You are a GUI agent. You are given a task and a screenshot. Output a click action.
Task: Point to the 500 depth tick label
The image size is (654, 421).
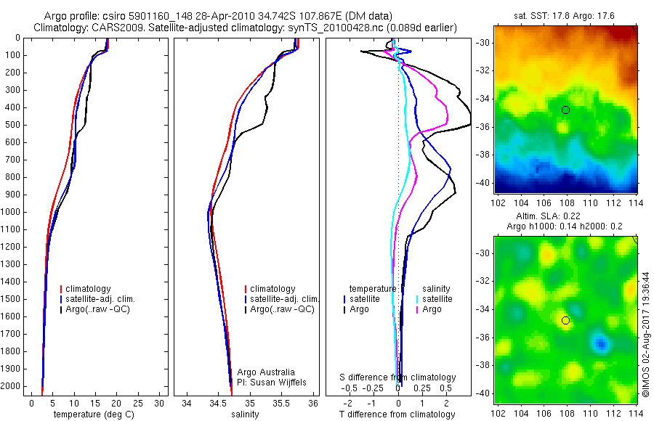[12, 125]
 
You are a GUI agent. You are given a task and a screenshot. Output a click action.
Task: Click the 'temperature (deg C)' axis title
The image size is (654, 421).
[95, 414]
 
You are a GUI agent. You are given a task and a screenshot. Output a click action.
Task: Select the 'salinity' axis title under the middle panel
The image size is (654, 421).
[244, 414]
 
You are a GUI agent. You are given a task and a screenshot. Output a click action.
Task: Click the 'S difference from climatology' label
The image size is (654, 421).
[398, 377]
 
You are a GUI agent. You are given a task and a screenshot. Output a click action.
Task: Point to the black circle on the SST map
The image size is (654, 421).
[565, 110]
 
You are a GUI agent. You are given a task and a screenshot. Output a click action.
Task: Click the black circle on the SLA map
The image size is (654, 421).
[565, 320]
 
